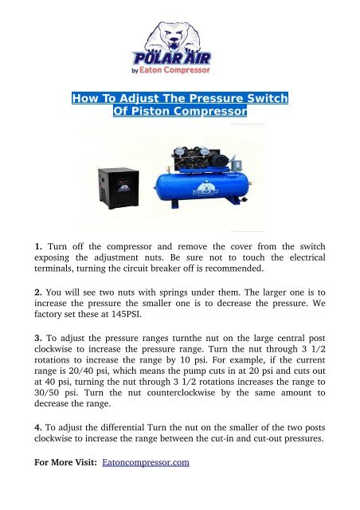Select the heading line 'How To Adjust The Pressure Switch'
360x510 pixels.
(x=180, y=99)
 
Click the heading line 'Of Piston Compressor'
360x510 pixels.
(x=180, y=112)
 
